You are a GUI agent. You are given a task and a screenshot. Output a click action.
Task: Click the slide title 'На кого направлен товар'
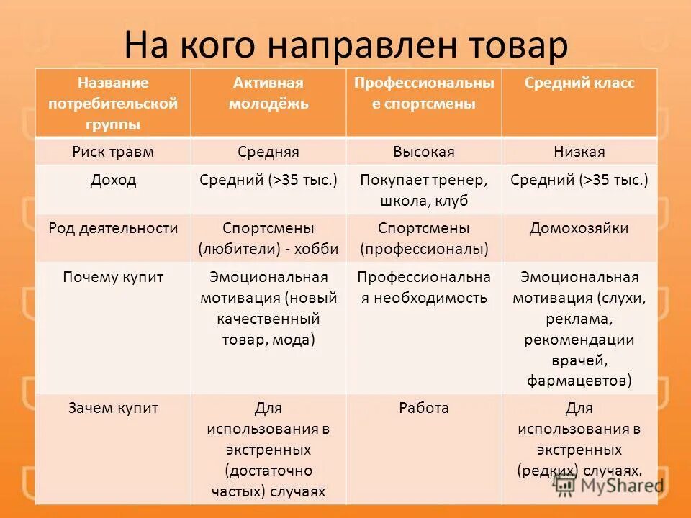345,45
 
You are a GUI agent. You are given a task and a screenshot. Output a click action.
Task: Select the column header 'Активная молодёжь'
268,94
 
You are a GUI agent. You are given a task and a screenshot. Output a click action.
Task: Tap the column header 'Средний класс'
579,83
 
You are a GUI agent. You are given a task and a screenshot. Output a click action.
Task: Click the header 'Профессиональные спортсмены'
424,94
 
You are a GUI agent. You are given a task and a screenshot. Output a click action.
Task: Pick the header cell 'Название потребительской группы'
113,104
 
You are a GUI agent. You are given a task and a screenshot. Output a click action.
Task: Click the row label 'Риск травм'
113,152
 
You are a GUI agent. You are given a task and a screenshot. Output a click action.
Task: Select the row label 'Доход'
113,180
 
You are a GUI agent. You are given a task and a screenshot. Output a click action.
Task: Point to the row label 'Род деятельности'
113,229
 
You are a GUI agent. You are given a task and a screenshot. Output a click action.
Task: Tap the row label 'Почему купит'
113,277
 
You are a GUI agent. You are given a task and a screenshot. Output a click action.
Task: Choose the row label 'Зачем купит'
113,409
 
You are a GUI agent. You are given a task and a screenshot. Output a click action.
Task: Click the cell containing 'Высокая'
424,152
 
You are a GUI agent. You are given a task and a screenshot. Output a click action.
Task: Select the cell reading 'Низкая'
579,152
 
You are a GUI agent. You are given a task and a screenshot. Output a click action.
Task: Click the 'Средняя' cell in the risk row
268,152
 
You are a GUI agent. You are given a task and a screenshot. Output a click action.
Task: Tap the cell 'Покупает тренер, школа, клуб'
424,190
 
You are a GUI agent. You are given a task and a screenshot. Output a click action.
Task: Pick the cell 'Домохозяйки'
579,229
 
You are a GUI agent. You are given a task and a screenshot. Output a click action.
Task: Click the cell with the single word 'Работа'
424,409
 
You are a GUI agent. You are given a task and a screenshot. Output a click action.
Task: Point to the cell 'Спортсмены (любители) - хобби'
268,239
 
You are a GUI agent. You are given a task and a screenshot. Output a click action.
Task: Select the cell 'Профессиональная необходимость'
424,287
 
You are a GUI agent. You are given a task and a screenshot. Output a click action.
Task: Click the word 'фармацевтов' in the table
579,380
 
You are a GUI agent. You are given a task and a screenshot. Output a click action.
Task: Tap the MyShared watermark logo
609,486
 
